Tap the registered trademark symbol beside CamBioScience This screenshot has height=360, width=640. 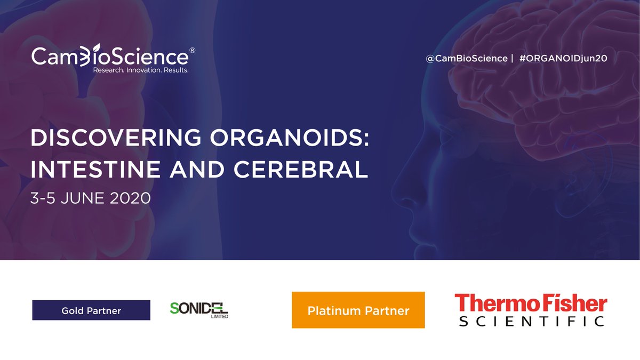[192, 51]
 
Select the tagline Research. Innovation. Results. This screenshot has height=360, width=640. [141, 70]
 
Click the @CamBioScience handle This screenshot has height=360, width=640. [466, 58]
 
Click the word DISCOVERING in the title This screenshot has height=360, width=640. [111, 139]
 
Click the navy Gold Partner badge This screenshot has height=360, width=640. [91, 310]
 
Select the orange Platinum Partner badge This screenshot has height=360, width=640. [358, 310]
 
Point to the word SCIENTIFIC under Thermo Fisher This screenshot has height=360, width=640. [532, 321]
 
